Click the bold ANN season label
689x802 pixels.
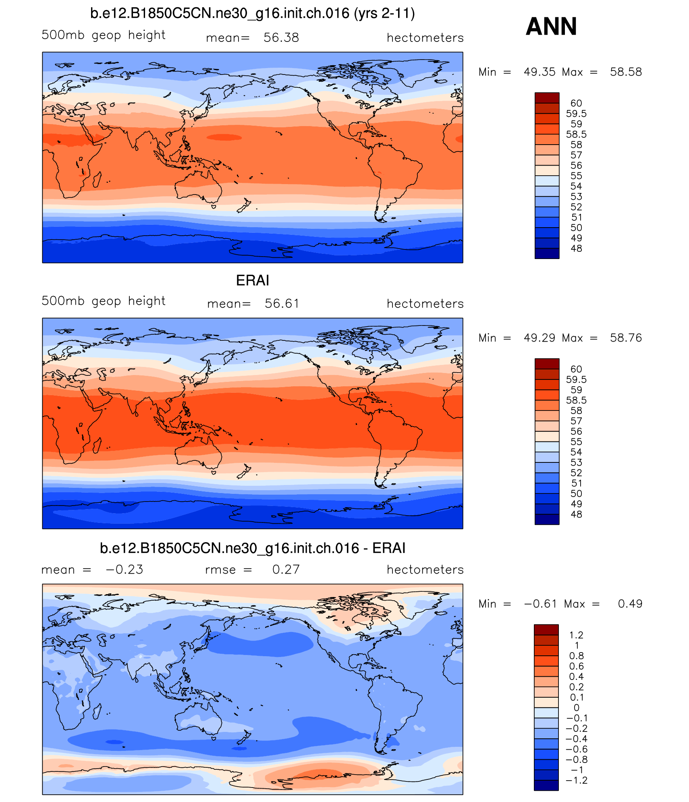coord(551,27)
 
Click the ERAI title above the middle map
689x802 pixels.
coord(252,280)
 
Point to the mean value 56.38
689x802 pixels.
coord(281,37)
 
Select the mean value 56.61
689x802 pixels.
coord(282,303)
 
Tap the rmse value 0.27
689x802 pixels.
coord(286,569)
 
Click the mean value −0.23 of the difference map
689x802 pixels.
coord(124,569)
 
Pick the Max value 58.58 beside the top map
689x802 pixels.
coord(625,72)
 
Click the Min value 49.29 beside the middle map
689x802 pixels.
coord(539,338)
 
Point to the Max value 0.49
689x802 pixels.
coord(630,603)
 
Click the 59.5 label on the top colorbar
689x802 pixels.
coord(576,114)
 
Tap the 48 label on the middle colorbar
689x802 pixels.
coord(576,514)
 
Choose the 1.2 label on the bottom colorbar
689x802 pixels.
coord(576,635)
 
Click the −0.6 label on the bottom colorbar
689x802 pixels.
coord(577,749)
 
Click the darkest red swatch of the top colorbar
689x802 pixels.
coord(547,97)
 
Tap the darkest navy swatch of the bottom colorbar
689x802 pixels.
coord(546,785)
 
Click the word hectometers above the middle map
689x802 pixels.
coord(425,303)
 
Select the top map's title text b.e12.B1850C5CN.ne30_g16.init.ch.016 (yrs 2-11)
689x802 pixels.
coord(252,13)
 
